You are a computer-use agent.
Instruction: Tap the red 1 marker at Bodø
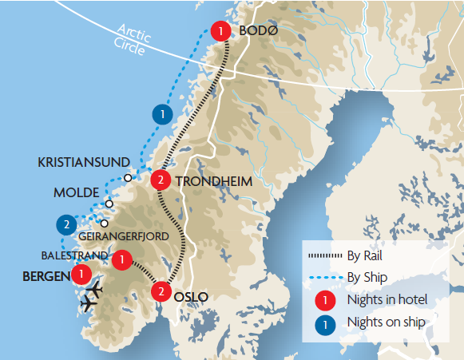tap(219, 31)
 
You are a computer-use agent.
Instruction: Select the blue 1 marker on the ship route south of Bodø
tap(163, 114)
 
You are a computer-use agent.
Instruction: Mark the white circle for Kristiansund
tap(128, 177)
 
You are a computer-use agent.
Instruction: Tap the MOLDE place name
tap(77, 193)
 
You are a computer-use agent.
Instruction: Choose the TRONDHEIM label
tap(213, 181)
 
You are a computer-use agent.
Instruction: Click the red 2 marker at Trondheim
tap(161, 180)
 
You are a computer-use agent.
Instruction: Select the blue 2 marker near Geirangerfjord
tap(66, 224)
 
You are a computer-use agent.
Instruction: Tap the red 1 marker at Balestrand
tap(121, 259)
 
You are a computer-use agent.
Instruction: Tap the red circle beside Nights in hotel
tap(326, 300)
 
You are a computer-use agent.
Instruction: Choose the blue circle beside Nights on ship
tap(326, 323)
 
